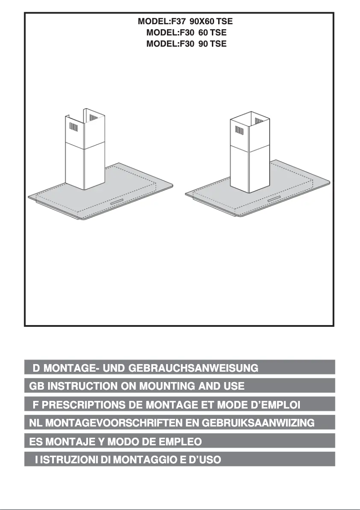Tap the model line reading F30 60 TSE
point(186,32)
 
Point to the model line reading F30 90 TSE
point(186,44)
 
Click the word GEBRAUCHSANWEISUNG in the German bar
point(193,368)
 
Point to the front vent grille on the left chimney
point(75,127)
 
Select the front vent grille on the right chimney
point(239,130)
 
